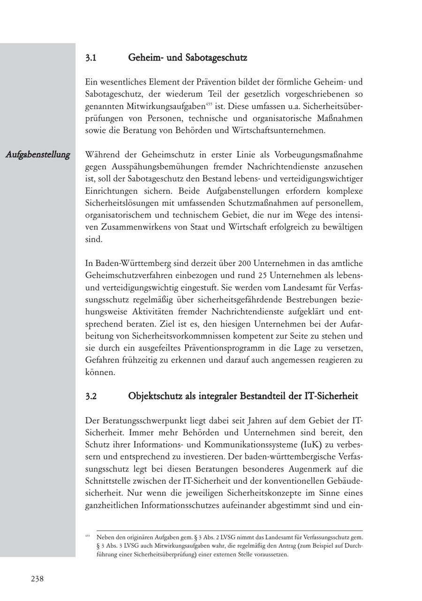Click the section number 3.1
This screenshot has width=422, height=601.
[x=90, y=58]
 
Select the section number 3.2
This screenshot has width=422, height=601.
[x=91, y=396]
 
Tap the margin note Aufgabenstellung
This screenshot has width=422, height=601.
[x=38, y=154]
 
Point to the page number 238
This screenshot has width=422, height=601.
[x=37, y=579]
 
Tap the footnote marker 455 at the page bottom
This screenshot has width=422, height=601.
[x=88, y=535]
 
